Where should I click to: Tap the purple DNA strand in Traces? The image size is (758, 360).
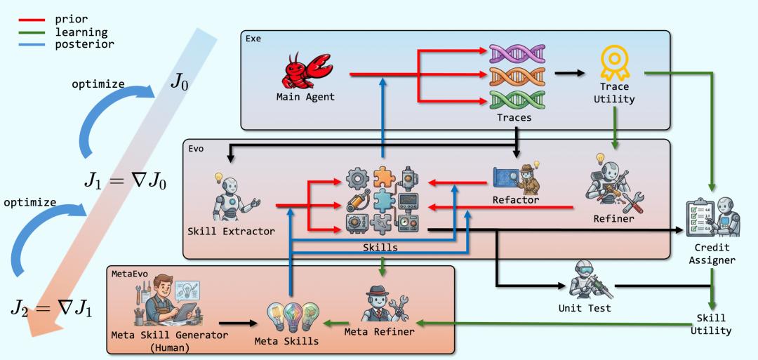(x=517, y=53)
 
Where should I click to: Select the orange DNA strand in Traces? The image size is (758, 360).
(x=517, y=76)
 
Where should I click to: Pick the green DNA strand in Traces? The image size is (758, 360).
(x=517, y=100)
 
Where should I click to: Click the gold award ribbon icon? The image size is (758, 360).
(x=614, y=63)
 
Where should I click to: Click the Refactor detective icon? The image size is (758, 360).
(x=517, y=178)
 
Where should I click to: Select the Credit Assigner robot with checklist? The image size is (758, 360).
(x=713, y=218)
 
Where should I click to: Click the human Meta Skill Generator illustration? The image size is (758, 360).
(x=167, y=300)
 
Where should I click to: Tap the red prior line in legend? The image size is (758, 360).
(x=32, y=20)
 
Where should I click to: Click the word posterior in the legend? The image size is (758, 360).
(x=85, y=44)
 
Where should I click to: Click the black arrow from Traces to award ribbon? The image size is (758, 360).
(x=569, y=74)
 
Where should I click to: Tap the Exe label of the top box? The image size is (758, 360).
(x=253, y=39)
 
